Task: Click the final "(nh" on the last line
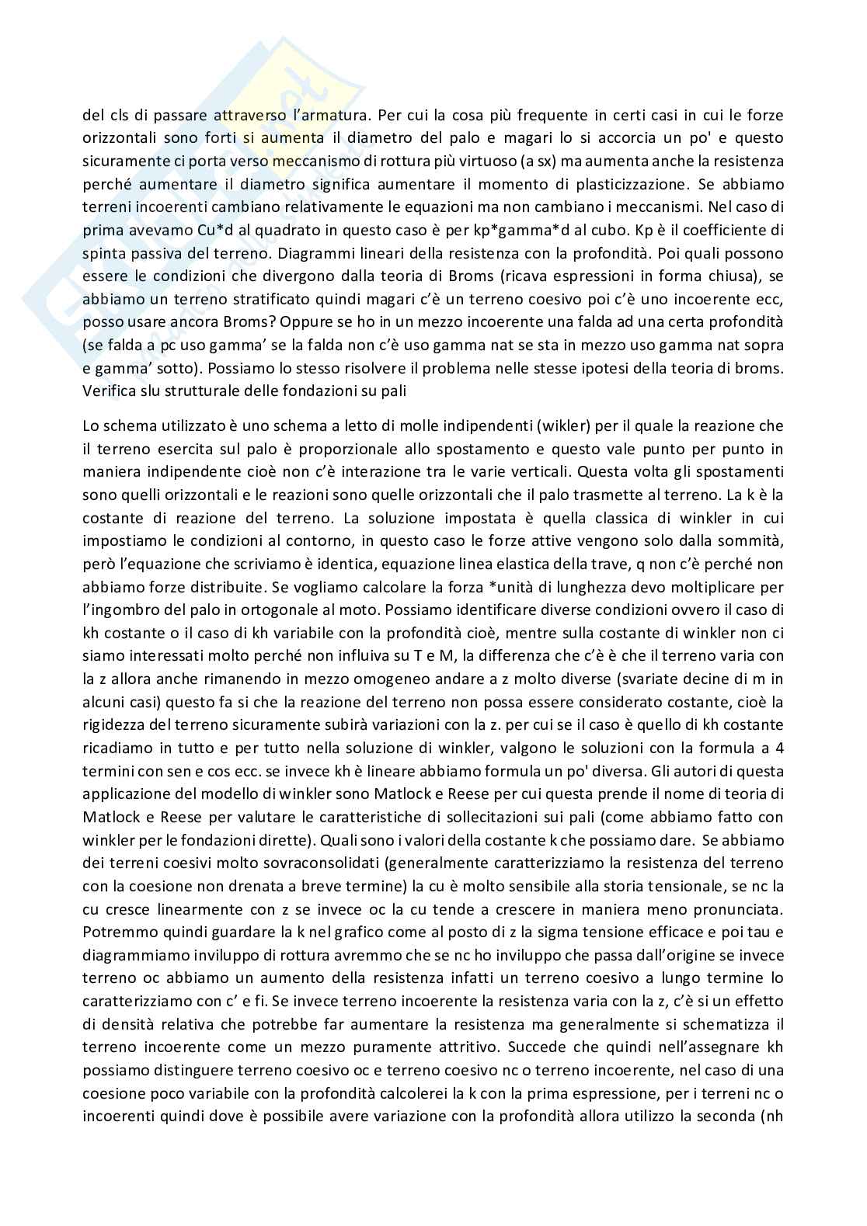tap(771, 1117)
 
